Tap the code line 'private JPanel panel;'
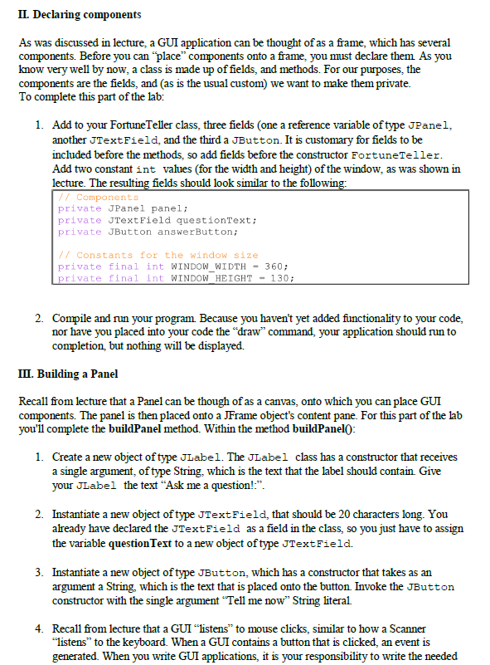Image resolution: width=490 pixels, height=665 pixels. coord(124,208)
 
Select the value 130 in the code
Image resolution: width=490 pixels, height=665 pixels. coord(282,278)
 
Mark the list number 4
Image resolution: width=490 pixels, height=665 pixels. coord(40,630)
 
